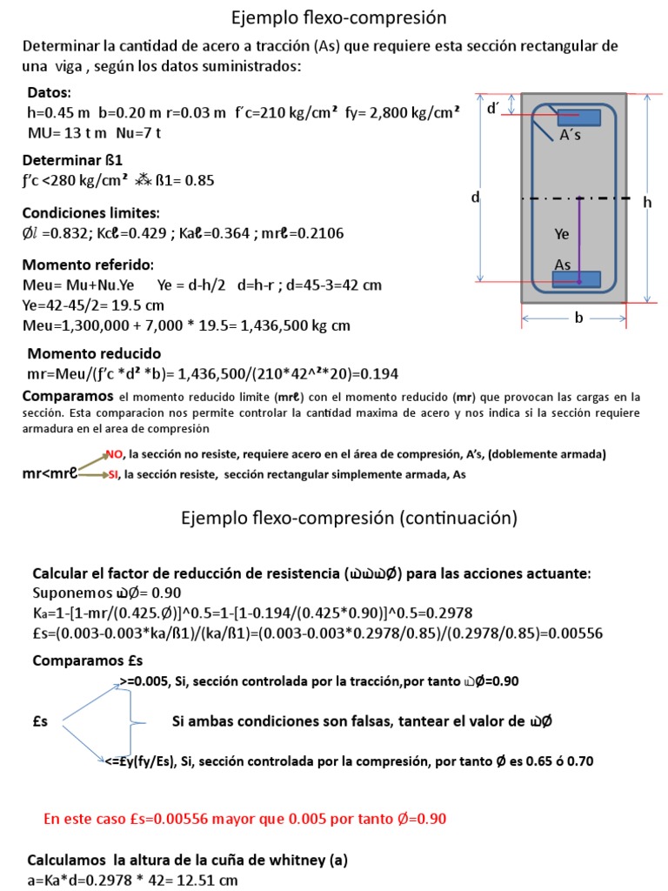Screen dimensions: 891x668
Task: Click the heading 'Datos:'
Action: pyautogui.click(x=50, y=92)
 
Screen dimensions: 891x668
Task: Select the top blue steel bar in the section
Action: pyautogui.click(x=579, y=117)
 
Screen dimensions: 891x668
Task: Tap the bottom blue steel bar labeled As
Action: pyautogui.click(x=577, y=279)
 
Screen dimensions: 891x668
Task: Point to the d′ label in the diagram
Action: pyautogui.click(x=493, y=109)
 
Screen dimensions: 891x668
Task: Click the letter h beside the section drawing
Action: pyautogui.click(x=646, y=202)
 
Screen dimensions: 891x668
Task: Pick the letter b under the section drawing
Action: pyautogui.click(x=578, y=318)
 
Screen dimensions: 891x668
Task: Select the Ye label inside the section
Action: pyautogui.click(x=563, y=234)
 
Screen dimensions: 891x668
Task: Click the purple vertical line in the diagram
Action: pyautogui.click(x=579, y=235)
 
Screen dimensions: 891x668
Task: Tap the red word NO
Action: pyautogui.click(x=115, y=453)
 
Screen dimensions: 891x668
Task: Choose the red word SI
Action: pyautogui.click(x=113, y=476)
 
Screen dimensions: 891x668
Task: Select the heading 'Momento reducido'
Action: pyautogui.click(x=94, y=353)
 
